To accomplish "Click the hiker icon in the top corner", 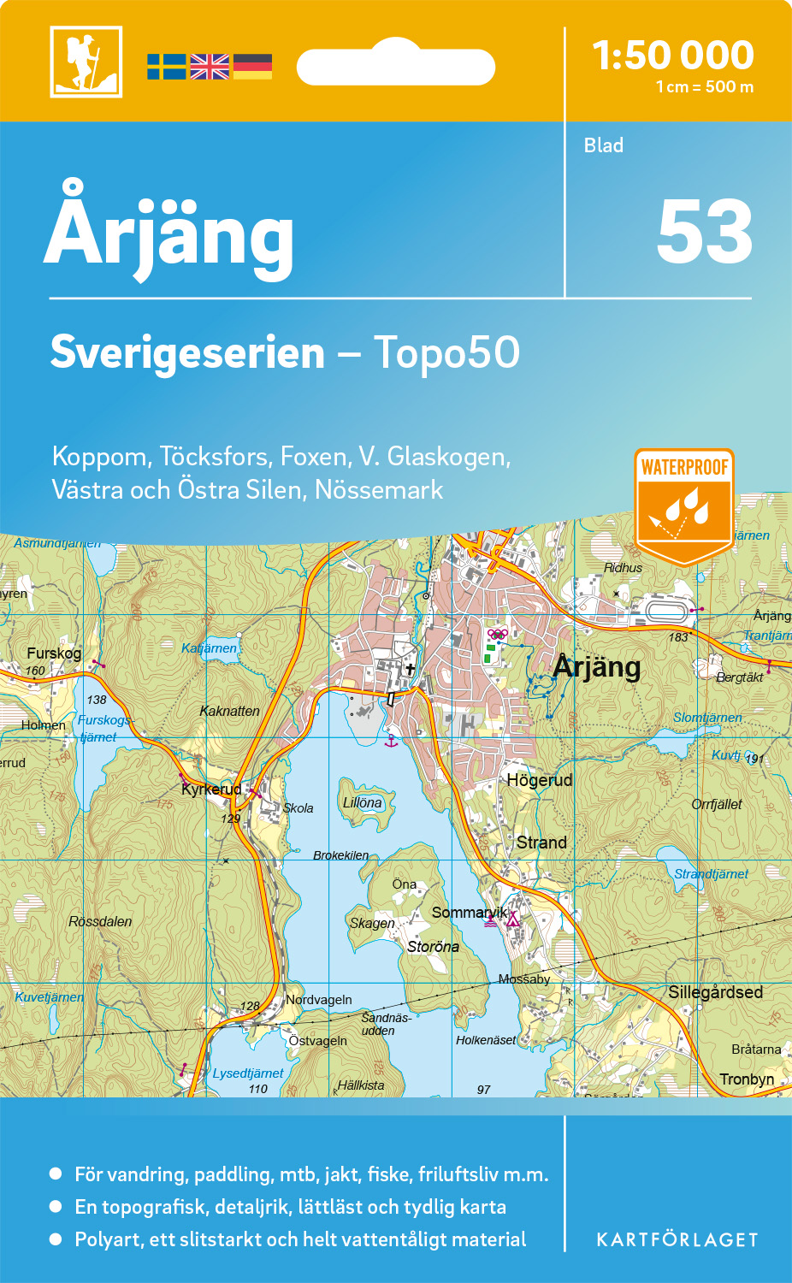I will point(86,62).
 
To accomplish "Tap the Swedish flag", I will point(166,67).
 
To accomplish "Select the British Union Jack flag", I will point(210,67).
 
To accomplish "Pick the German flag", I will point(252,67).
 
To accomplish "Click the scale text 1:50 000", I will point(673,56).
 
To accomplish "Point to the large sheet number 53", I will point(704,232).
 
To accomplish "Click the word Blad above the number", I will point(603,145).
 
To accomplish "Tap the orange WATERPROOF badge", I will point(684,505).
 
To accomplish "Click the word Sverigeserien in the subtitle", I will point(187,352).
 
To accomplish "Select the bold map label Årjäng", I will point(597,666).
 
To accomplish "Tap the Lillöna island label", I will point(363,802).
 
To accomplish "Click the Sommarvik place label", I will point(469,913).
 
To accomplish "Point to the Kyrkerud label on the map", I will point(210,789).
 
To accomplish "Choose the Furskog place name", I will point(54,653).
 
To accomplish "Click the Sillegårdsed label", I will point(715,992).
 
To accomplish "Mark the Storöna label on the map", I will point(433,947).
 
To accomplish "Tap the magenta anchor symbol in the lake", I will point(391,740).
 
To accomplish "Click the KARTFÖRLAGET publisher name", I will point(677,1239).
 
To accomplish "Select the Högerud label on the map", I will point(539,780).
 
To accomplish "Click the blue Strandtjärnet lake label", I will point(711,873).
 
